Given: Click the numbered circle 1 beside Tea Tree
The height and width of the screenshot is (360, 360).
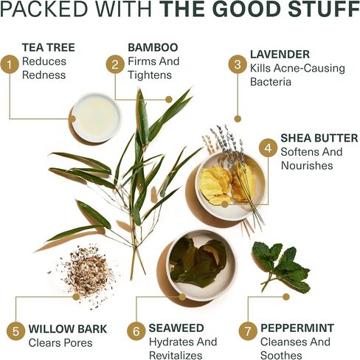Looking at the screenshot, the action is pos(10,64).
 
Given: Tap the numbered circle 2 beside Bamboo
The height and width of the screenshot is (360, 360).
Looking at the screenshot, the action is pos(115,64).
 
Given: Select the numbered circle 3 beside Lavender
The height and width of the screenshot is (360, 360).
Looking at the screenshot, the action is pos(238,64).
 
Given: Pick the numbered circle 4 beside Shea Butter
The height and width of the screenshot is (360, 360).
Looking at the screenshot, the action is pos(268,148).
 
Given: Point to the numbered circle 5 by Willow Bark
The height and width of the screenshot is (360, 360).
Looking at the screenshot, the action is pos(15,331).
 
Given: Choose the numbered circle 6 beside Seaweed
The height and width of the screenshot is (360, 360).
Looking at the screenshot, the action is pos(136,331).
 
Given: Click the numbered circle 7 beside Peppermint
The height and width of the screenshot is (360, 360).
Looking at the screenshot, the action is pos(248,331).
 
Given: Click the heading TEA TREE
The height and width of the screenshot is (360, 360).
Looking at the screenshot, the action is pos(49,47).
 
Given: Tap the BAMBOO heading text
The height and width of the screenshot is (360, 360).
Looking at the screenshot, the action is pos(153,47).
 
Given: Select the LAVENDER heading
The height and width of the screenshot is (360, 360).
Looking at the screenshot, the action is pos(280,55).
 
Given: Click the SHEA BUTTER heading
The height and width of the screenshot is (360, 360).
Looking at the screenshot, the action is pos(319,138).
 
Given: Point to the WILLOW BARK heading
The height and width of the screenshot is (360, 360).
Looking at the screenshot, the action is pos(68,329).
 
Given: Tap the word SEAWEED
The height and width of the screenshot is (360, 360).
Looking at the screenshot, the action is pos(176,328).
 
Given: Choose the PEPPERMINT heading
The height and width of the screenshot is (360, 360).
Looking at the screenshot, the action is pos(297,328).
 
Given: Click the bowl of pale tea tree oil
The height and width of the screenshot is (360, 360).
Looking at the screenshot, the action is pos(97,119).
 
